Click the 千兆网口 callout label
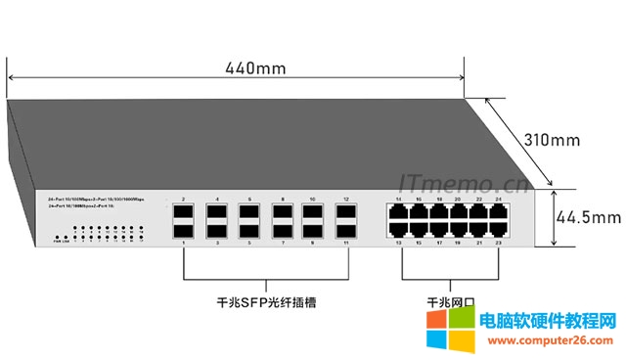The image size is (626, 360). (448, 303)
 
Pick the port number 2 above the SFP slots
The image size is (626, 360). (184, 199)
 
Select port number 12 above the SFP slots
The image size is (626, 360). (345, 199)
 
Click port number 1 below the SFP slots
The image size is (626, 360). (184, 243)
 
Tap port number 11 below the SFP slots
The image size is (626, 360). (345, 243)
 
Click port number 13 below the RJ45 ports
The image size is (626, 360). (398, 243)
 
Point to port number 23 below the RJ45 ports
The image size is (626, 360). (500, 243)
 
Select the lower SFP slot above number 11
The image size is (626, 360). (345, 231)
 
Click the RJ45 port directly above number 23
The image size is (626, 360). (500, 231)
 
